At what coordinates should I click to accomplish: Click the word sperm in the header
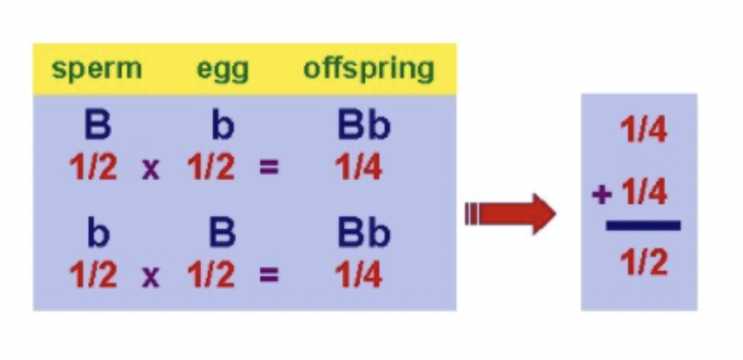[x=97, y=69]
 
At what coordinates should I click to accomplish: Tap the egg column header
[x=224, y=69]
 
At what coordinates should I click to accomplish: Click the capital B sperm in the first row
[x=96, y=127]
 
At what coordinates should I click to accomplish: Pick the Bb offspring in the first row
[x=364, y=127]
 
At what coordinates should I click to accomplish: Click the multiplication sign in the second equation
[x=151, y=276]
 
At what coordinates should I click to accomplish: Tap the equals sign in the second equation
[x=269, y=276]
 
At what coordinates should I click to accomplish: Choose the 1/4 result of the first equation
[x=358, y=168]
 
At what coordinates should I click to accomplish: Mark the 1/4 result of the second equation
[x=358, y=275]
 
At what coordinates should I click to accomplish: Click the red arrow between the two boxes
[x=511, y=214]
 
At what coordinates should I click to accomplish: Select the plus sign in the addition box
[x=599, y=195]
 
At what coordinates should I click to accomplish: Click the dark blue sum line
[x=643, y=225]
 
